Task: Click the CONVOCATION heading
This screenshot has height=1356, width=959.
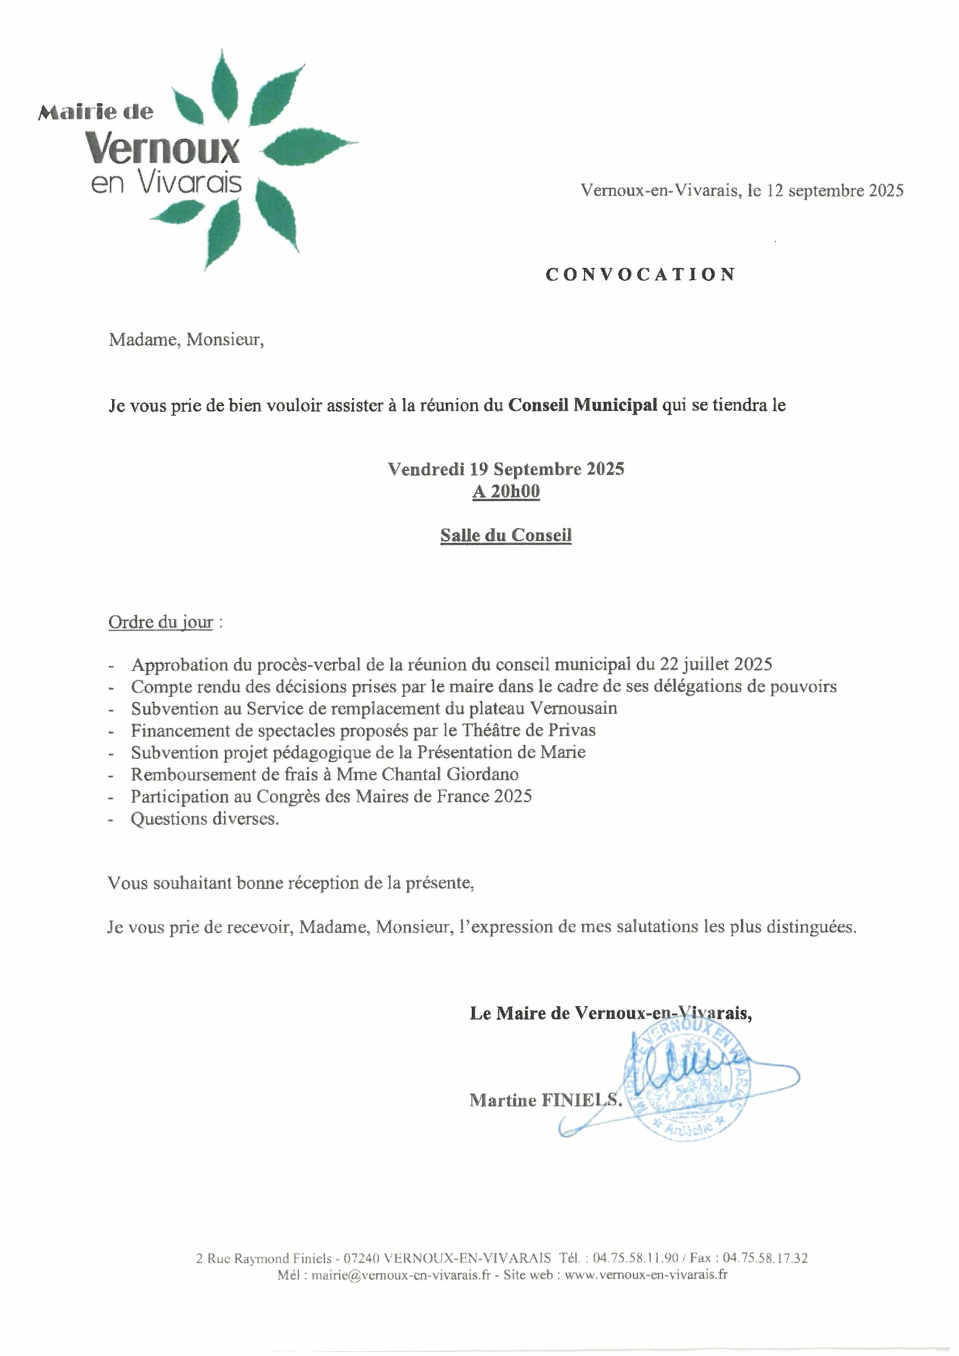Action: [640, 274]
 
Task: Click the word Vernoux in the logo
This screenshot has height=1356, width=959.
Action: [163, 148]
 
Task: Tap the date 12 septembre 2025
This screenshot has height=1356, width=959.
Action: [835, 190]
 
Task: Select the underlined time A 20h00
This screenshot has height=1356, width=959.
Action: [506, 492]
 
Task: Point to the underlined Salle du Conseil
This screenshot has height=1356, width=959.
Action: [506, 535]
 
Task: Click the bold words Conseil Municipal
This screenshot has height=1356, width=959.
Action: [583, 405]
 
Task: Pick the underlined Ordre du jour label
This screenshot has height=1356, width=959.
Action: [161, 622]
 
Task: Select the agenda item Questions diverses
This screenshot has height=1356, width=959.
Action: [205, 818]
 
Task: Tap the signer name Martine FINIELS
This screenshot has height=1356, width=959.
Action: [545, 1100]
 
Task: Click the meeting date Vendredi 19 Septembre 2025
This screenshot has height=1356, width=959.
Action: [506, 469]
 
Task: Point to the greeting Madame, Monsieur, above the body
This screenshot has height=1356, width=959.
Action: [186, 340]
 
